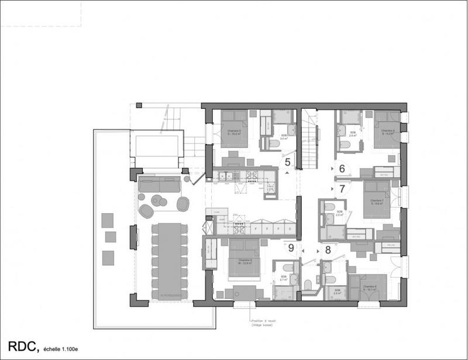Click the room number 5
[287, 162]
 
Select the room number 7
[342, 189]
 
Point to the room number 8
[328, 249]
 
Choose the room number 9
[291, 248]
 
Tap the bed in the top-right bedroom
[386, 129]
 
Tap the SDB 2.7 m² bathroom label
[283, 278]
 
